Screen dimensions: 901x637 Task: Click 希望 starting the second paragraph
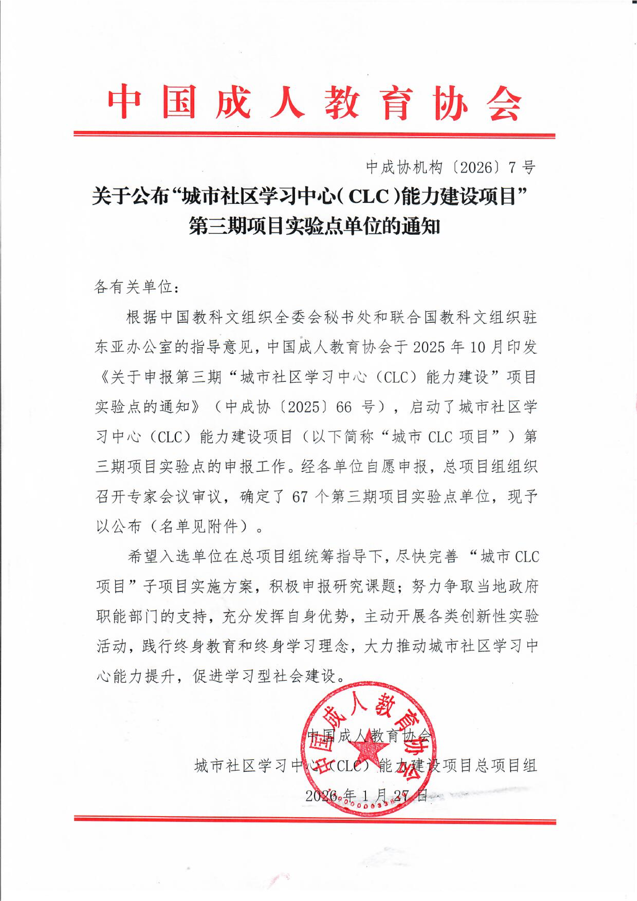click(x=143, y=556)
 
